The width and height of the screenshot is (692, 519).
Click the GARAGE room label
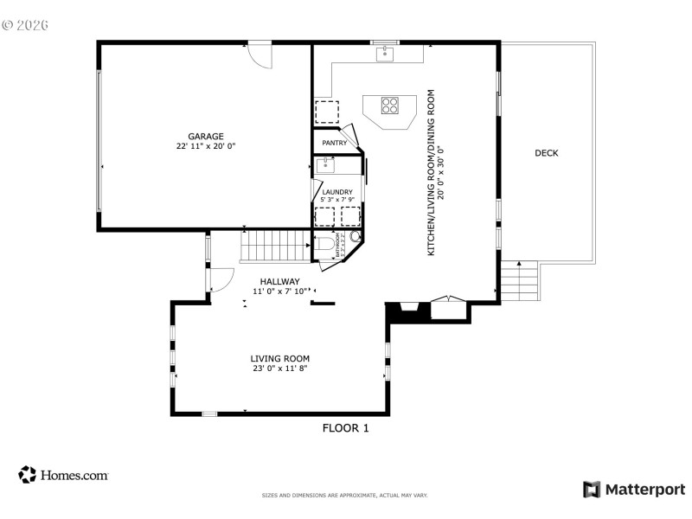(x=206, y=136)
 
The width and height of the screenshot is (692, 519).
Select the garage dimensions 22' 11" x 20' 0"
(x=206, y=146)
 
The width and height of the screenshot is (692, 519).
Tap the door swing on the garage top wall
(x=260, y=54)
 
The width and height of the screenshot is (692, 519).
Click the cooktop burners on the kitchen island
(x=390, y=106)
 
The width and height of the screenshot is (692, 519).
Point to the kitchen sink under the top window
(x=385, y=54)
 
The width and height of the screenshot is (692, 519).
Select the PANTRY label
(x=334, y=143)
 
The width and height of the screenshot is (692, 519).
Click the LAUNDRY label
(x=337, y=192)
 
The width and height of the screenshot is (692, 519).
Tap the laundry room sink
(x=325, y=163)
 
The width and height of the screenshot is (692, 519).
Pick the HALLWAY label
(x=279, y=281)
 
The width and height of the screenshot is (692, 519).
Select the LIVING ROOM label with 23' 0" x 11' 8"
(x=279, y=358)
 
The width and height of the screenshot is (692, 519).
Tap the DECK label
(x=546, y=153)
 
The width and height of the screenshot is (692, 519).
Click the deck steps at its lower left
(x=521, y=281)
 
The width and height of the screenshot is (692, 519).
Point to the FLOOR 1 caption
(x=345, y=427)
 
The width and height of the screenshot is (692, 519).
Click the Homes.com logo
(x=63, y=475)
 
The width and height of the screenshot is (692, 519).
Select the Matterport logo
(x=633, y=490)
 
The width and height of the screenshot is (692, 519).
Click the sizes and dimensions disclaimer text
(x=344, y=496)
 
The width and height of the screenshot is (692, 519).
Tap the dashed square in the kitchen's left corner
(x=326, y=112)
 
